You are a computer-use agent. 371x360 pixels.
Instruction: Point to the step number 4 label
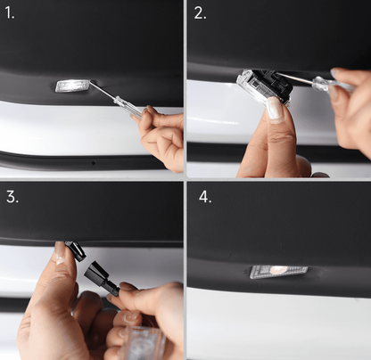205,197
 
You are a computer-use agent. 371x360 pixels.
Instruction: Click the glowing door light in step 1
72,86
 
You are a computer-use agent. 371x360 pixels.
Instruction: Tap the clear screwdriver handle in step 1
128,108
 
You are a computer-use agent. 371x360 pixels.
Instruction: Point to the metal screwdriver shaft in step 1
103,94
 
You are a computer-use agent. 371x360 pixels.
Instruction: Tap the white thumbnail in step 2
274,108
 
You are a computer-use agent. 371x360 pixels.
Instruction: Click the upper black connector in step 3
77,251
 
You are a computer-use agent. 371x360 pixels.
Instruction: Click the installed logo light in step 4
278,270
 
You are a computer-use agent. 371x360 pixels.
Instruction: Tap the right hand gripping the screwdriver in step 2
351,107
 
